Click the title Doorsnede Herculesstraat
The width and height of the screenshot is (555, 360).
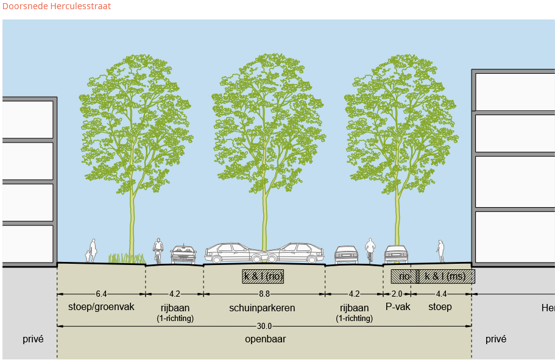[x=57, y=7]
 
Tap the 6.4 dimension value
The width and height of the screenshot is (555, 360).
[x=101, y=294]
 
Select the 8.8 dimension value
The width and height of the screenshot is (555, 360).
[x=264, y=294]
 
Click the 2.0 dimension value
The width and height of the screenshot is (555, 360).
[x=397, y=294]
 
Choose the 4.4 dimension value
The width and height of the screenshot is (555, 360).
[x=441, y=294]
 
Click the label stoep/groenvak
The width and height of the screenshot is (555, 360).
[x=101, y=307]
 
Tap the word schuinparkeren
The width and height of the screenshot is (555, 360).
[x=262, y=308]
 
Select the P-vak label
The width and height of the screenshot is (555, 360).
[x=398, y=307]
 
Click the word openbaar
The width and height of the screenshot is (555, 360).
[x=264, y=339]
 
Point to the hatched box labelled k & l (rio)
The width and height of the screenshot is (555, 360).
[x=263, y=276]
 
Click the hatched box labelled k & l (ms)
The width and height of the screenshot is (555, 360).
[x=446, y=276]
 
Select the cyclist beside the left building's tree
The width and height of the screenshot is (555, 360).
[x=158, y=250]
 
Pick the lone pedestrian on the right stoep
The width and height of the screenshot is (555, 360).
[x=440, y=250]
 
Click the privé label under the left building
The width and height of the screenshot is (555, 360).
[x=33, y=339]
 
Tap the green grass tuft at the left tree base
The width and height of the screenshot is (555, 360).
[x=125, y=258]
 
